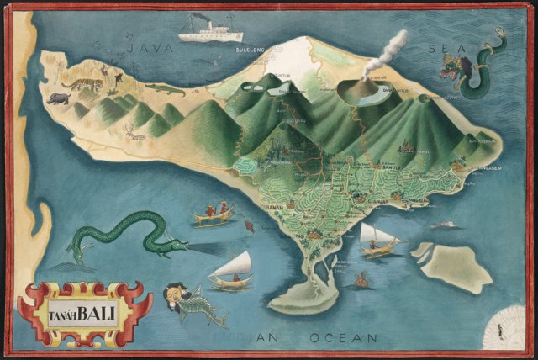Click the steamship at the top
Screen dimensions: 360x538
point(210,29)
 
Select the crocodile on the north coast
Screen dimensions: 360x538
point(163,87)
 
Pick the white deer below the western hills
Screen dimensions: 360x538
point(134,131)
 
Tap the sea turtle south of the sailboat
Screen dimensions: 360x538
point(363,278)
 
